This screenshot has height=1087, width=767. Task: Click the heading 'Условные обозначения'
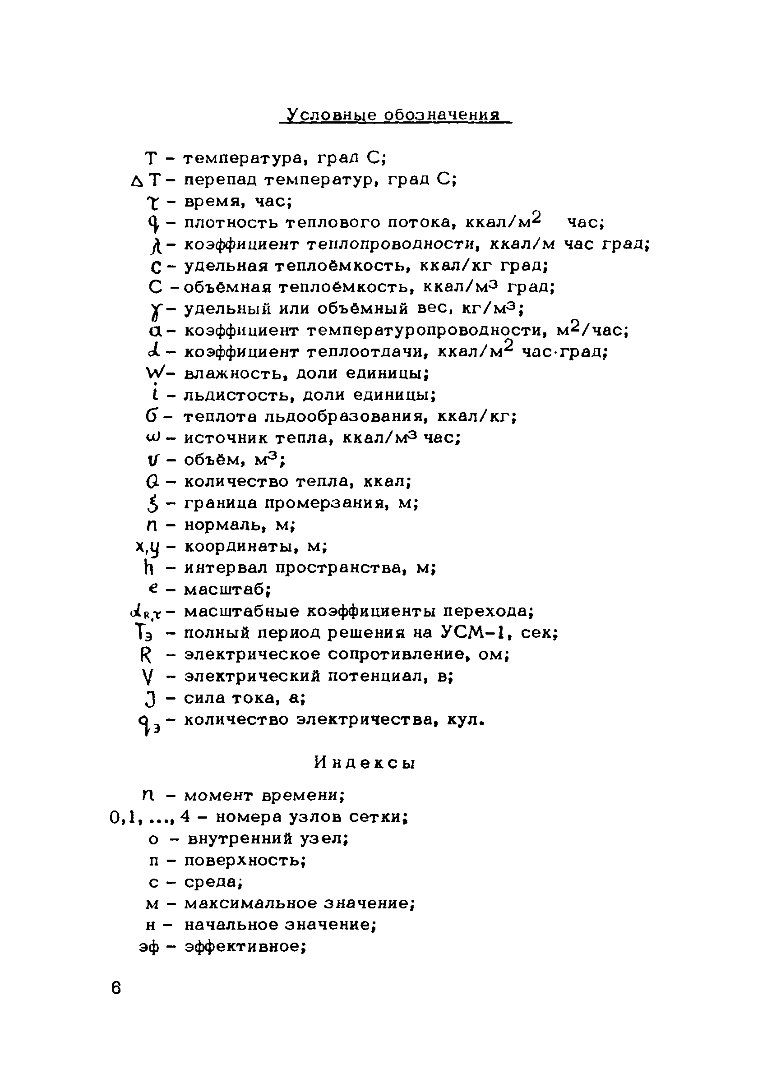(x=394, y=115)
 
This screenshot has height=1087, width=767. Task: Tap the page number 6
(x=116, y=989)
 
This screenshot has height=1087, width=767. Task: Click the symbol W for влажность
(x=154, y=373)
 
